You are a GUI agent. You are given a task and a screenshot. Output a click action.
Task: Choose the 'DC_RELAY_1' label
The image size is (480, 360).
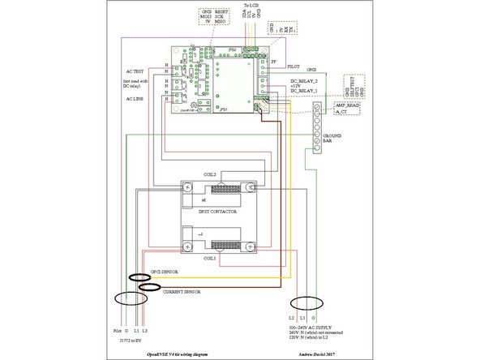pyautogui.click(x=305, y=93)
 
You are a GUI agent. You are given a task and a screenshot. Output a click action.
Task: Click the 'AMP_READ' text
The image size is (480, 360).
pyautogui.click(x=345, y=105)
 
